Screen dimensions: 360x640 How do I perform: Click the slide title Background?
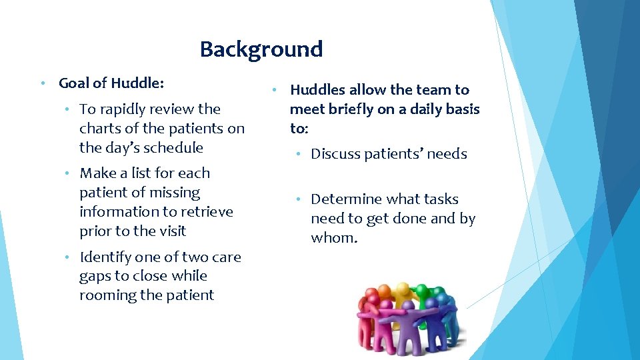[x=261, y=49]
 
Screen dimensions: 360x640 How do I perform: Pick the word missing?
[x=174, y=193]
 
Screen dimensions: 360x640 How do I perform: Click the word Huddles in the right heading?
[x=317, y=90]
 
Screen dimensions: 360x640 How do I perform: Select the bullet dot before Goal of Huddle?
[x=41, y=83]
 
